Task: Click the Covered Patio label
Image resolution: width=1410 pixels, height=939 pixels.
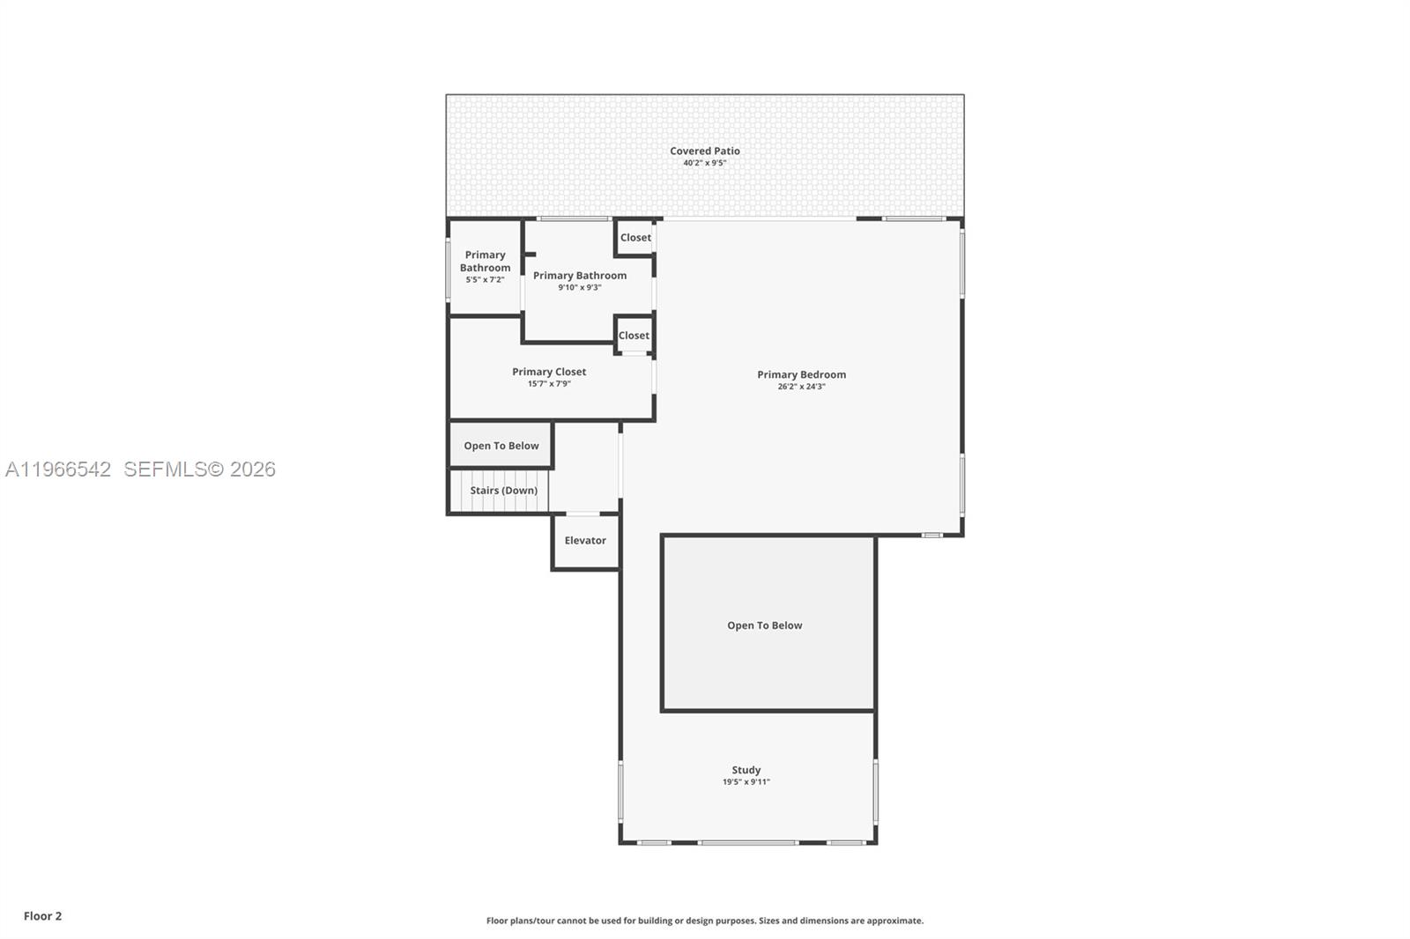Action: pos(704,151)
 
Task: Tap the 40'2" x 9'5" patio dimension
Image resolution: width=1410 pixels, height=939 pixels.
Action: pos(704,163)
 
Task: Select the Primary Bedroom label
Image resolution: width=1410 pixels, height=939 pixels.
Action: pos(801,374)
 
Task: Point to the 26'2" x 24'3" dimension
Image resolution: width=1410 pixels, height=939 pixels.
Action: pos(801,387)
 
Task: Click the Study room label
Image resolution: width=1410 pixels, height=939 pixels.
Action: pos(746,770)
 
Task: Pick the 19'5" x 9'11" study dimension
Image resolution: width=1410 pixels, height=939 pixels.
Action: pos(746,782)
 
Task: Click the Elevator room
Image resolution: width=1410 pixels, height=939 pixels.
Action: pos(585,541)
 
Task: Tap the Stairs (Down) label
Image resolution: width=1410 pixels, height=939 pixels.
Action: pos(503,491)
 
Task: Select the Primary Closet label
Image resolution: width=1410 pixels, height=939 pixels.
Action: pos(549,372)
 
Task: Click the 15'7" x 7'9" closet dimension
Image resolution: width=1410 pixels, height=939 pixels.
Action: pos(549,384)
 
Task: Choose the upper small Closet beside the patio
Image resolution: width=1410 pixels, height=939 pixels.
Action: pos(635,238)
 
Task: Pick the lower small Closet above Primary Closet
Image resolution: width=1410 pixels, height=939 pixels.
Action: pos(634,336)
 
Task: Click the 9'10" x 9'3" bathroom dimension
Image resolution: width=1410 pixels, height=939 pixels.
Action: pos(579,288)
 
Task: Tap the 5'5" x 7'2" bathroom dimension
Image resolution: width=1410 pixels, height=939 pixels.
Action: pos(485,280)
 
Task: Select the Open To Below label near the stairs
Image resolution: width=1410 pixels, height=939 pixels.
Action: pos(501,446)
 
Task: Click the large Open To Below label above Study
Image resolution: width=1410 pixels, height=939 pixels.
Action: pos(764,625)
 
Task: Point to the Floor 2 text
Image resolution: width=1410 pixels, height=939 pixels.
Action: pos(42,916)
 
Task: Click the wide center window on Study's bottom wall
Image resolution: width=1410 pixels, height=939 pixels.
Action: pos(748,843)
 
